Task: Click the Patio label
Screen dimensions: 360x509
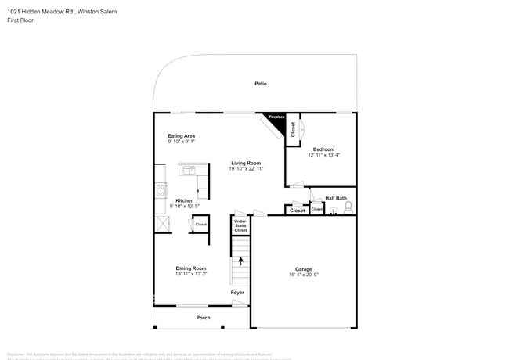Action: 260,82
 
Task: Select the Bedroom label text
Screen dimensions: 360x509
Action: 323,149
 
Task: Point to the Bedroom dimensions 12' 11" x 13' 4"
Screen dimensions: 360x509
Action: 323,155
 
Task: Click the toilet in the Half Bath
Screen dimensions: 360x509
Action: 348,207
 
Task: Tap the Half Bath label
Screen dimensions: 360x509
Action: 336,197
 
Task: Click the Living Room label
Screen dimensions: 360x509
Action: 246,163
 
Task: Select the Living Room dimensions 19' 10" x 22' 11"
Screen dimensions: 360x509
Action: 246,168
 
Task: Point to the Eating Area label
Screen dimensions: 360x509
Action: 181,136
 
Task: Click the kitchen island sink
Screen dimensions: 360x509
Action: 188,170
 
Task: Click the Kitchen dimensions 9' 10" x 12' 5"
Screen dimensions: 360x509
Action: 184,206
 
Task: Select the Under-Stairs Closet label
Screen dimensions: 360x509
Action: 240,226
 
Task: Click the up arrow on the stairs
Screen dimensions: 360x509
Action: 240,261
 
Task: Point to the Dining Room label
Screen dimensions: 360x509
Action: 191,268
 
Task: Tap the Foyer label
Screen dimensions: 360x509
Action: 237,293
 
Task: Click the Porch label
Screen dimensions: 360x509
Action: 203,318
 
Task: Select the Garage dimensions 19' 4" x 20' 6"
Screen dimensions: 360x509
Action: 303,275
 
